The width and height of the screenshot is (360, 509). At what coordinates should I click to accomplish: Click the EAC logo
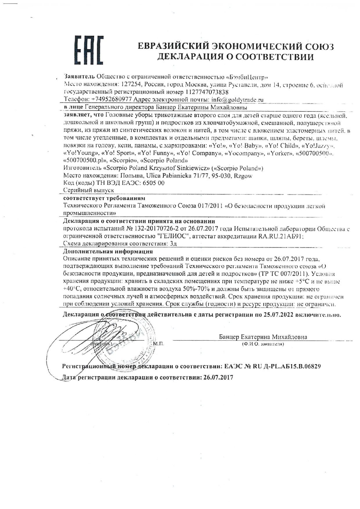[x=89, y=50]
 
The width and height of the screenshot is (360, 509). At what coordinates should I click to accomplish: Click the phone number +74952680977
[x=112, y=100]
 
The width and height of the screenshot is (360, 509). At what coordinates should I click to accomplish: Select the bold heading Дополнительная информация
[x=108, y=251]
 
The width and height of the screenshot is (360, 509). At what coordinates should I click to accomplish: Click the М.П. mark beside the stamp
[x=158, y=344]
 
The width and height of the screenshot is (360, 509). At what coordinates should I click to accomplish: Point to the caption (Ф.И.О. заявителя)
[x=263, y=344]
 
